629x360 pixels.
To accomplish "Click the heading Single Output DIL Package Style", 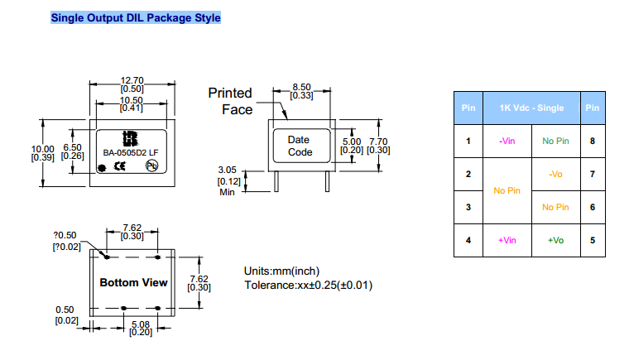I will point(136,17).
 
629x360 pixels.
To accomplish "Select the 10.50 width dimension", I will point(132,100).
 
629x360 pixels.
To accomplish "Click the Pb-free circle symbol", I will point(151,166).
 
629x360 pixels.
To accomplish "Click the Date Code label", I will point(300,146).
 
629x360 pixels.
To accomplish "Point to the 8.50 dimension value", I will point(301,87).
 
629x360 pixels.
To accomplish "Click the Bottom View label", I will point(133,282).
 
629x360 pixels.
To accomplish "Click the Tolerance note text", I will point(308,286).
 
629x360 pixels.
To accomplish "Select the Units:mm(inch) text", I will point(281,271).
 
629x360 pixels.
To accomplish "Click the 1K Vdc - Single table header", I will point(531,108).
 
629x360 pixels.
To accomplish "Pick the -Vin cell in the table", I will point(507,141).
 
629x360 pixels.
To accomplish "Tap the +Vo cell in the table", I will point(555,240).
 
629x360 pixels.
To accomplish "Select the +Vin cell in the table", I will point(507,240).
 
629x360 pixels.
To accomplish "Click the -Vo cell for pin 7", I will point(555,174).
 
